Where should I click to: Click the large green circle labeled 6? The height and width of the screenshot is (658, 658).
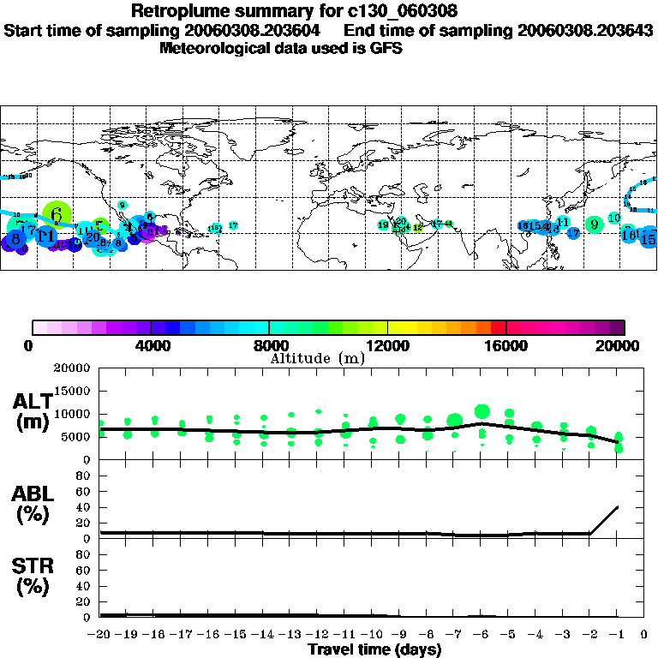tap(57, 212)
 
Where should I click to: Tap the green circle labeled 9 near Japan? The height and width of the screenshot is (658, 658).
tap(594, 224)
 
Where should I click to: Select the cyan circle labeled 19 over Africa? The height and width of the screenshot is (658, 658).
tap(383, 224)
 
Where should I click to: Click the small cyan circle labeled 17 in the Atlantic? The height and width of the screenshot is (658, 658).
tap(233, 225)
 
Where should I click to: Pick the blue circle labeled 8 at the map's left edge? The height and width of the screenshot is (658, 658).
tap(15, 239)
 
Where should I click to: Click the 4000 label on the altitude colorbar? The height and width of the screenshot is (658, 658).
tap(151, 346)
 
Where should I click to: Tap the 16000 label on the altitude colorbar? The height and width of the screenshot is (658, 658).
tap(505, 346)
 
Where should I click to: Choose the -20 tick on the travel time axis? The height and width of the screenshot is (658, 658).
tap(101, 636)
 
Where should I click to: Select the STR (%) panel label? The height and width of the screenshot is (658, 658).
tap(33, 577)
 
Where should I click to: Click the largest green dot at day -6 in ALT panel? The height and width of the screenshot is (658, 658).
tap(482, 411)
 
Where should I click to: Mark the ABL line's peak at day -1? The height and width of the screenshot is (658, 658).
tap(617, 506)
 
